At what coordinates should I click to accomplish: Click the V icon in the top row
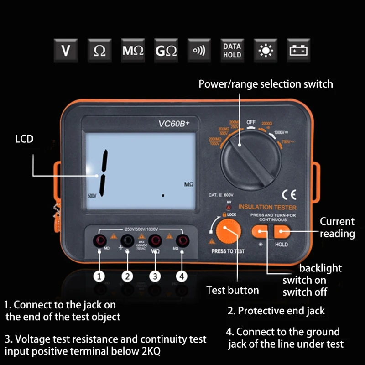click(66, 50)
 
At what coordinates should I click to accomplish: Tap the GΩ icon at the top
click(166, 50)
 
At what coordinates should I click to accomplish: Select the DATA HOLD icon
click(232, 50)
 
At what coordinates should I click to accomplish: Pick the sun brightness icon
click(265, 50)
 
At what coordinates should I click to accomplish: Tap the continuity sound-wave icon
click(199, 50)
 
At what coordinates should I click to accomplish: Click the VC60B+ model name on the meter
click(173, 123)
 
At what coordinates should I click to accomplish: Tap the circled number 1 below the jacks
click(99, 276)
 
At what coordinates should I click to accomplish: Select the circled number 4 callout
click(182, 276)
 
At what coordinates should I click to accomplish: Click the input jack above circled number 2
click(127, 240)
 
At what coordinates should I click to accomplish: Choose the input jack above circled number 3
click(155, 240)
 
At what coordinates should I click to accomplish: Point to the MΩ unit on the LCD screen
click(189, 185)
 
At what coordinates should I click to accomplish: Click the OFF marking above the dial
click(251, 122)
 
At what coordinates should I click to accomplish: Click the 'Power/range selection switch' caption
click(266, 84)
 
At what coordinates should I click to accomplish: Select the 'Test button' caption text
click(232, 290)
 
